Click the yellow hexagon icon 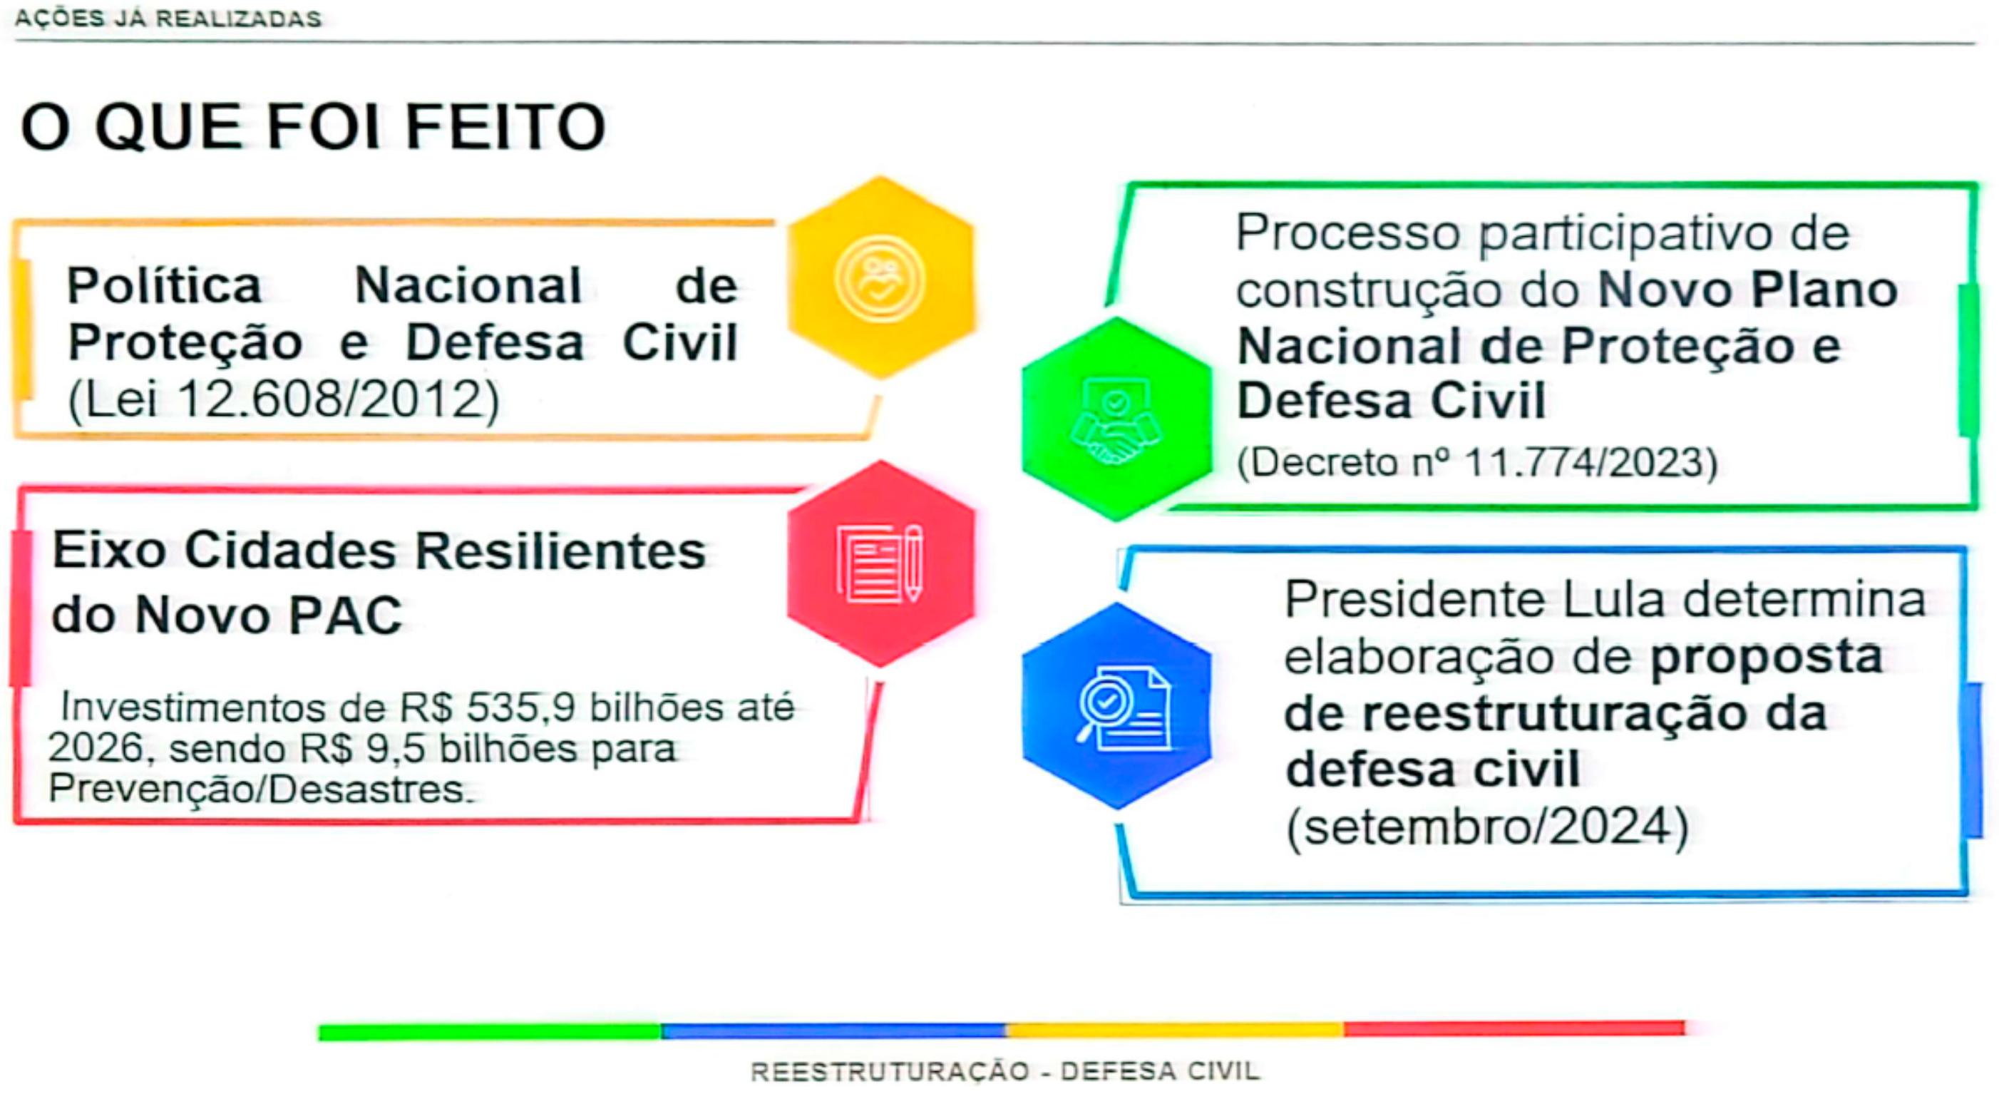point(880,278)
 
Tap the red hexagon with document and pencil point(880,563)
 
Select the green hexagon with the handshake point(1117,419)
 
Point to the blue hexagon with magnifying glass point(1117,706)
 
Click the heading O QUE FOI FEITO point(313,126)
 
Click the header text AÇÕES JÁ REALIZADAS point(168,19)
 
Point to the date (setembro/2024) point(1488,827)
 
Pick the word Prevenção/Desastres point(260,789)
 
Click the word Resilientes point(560,551)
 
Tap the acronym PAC point(345,615)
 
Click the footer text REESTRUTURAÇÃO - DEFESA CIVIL point(1005,1072)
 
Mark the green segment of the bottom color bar point(490,1032)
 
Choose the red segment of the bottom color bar point(1514,1028)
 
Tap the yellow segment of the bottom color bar point(1175,1030)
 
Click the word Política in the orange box point(165,285)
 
